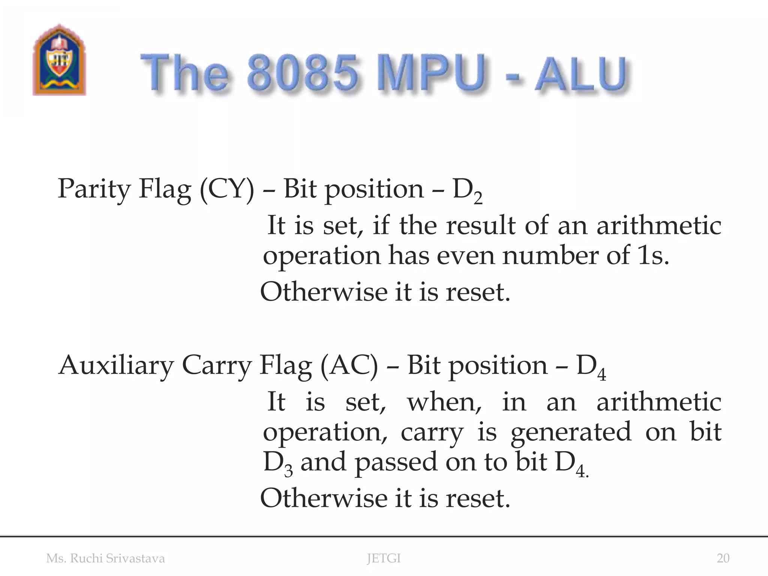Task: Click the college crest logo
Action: pos(59,60)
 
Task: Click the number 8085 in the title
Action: pos(302,72)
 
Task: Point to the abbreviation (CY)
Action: pos(226,189)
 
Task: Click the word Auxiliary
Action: pos(116,366)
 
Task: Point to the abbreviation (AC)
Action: pos(349,366)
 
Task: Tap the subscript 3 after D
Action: pos(288,470)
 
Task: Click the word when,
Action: pos(444,402)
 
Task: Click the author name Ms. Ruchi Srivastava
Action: pos(105,558)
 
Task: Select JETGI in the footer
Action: pos(384,558)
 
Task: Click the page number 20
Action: pos(723,558)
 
